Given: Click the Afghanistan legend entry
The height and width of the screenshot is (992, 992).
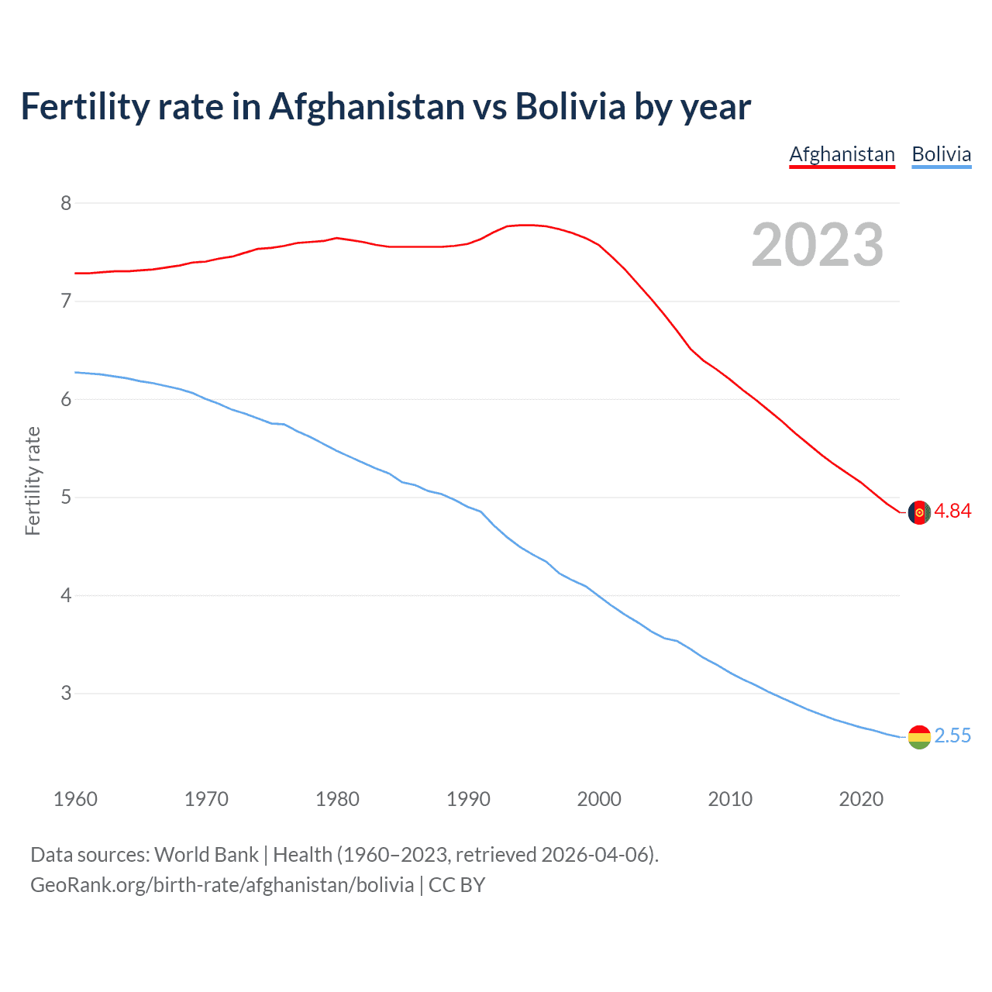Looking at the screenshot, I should pos(842,154).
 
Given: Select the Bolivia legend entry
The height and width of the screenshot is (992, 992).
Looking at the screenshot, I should pos(941,154).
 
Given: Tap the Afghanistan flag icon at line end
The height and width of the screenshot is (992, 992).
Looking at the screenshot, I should pos(918,512).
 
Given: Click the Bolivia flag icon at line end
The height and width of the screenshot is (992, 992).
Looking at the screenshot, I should pos(918,737).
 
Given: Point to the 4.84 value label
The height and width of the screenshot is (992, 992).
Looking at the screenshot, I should pos(952,511).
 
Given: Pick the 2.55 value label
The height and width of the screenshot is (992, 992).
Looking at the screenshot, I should pos(952,735).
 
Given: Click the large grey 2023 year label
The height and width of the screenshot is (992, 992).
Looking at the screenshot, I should pos(817,245).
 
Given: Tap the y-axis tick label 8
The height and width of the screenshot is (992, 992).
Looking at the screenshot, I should pos(66,203).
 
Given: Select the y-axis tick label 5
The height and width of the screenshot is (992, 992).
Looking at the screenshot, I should pos(66,497).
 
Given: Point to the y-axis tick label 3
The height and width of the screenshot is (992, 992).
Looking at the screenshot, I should pos(66,693).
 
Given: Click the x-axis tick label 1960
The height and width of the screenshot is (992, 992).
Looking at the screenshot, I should pos(75,799).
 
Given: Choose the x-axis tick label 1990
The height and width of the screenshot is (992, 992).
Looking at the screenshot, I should pos(468,799).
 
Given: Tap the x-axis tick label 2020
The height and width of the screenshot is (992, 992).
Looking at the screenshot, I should pos(861,799).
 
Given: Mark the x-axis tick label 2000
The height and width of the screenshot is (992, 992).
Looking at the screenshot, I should pos(599,799).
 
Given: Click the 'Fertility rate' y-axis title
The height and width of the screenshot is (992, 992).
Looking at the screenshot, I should pos(33,480).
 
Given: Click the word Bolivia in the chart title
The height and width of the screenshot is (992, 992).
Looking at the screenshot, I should pos(570,106).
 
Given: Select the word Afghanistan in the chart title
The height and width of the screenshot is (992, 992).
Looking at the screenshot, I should pos(367,106).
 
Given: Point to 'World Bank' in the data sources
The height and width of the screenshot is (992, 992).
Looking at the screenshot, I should pos(206,855).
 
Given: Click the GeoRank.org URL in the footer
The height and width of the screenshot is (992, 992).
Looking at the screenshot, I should pos(222,885).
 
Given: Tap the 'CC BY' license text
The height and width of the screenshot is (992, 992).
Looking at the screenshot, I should pos(456,885).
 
